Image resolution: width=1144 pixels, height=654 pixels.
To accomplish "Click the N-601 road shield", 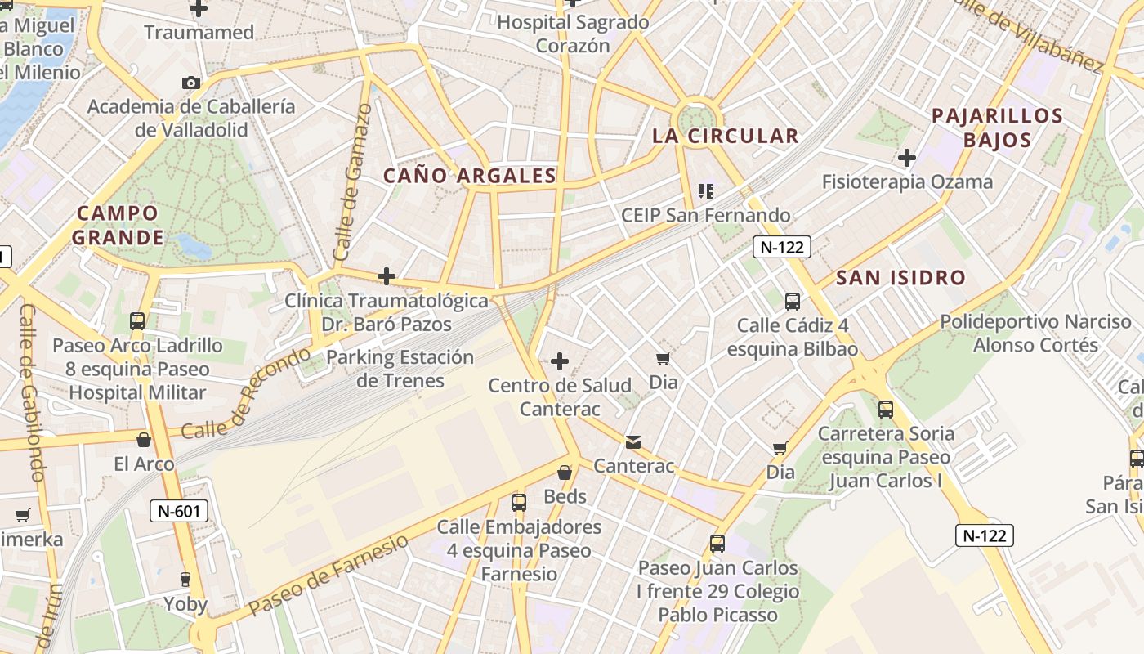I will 179,512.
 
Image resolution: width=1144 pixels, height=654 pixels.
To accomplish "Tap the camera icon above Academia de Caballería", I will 191,83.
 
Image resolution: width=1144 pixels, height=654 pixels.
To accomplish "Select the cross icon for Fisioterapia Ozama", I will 907,157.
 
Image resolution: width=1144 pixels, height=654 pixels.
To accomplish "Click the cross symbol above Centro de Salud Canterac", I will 560,361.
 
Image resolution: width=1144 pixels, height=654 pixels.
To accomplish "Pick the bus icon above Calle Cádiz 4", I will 792,301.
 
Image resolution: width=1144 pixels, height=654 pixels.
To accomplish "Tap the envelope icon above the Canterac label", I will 633,442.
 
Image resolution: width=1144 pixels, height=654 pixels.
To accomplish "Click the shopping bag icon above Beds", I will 564,473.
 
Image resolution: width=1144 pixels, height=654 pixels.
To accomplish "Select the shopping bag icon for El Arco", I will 144,440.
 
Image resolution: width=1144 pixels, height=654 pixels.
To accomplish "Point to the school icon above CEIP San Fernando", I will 706,191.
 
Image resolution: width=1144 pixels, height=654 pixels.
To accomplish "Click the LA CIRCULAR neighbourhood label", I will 725,136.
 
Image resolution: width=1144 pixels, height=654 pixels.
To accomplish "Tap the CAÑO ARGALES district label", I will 470,175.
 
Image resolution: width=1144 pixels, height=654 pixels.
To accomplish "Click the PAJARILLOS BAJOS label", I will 997,128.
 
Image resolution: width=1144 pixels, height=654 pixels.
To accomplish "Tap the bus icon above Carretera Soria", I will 885,409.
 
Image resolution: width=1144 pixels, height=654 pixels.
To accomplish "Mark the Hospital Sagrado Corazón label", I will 573,34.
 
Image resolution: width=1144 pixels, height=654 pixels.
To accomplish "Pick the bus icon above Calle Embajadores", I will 519,503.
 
